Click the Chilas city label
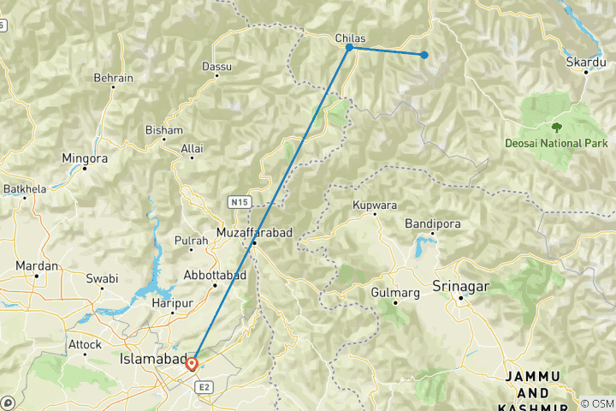349,38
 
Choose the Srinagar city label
460,284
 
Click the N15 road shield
239,202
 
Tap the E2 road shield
203,388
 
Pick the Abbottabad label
215,275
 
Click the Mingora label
85,158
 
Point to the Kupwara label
375,205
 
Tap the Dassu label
216,66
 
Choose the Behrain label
114,78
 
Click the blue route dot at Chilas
349,47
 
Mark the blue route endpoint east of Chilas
423,55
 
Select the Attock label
85,344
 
